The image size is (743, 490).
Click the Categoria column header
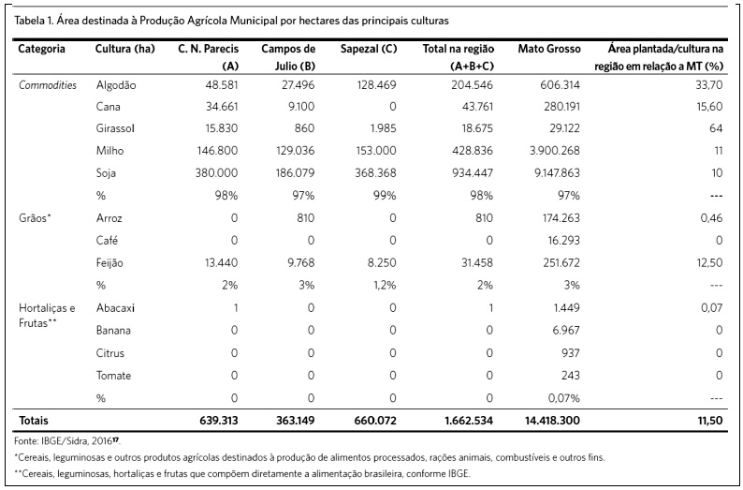click(x=42, y=50)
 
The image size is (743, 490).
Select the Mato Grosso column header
click(x=549, y=49)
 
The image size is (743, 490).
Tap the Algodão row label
click(x=116, y=85)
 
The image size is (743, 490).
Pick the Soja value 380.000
click(x=216, y=173)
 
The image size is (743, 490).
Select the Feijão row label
click(x=109, y=263)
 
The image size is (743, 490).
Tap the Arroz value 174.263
click(x=561, y=218)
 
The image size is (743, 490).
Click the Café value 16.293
click(x=564, y=241)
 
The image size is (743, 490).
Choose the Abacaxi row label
click(x=116, y=308)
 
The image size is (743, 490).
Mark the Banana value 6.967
click(x=566, y=330)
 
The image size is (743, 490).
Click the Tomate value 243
click(x=570, y=375)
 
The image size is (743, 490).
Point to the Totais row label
click(x=33, y=421)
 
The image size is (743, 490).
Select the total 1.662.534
click(x=469, y=421)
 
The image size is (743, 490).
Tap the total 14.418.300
click(x=552, y=421)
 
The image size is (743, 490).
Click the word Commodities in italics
click(x=48, y=85)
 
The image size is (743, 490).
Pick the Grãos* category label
click(x=35, y=218)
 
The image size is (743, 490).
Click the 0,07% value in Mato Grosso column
click(x=564, y=398)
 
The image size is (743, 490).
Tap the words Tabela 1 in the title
click(x=33, y=21)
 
